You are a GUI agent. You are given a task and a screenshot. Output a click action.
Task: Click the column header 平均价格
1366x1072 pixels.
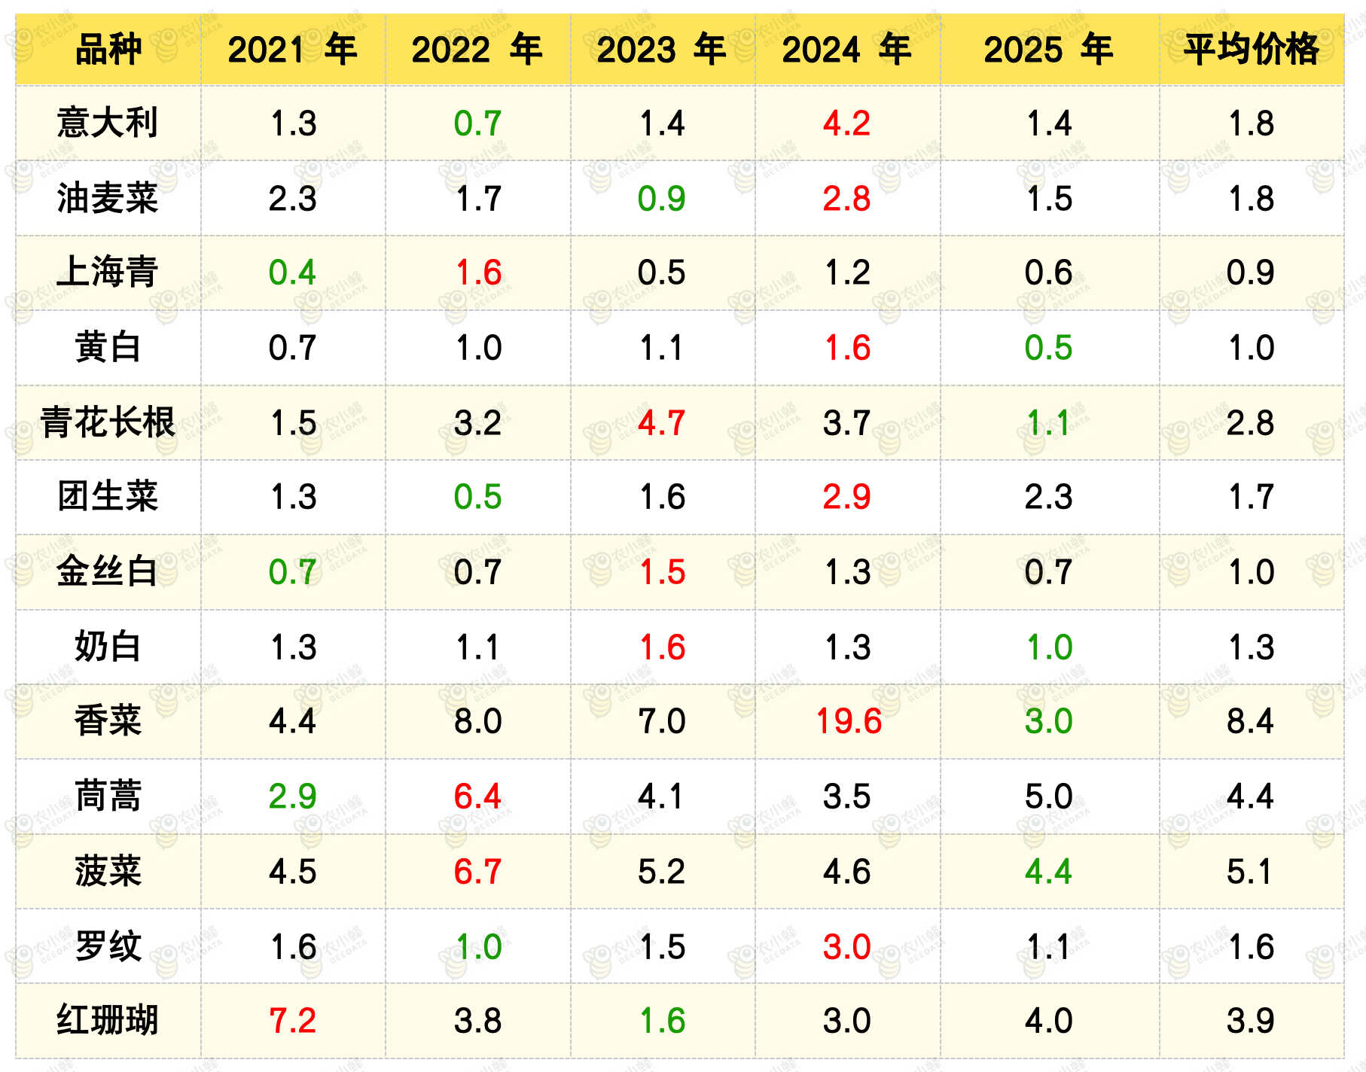(1251, 50)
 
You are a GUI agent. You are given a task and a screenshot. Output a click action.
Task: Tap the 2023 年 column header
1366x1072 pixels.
(661, 50)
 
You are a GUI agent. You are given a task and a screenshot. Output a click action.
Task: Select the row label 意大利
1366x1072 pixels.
(108, 123)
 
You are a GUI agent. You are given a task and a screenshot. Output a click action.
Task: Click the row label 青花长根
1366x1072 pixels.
(108, 422)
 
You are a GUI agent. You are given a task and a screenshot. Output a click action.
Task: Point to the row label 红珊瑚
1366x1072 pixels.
(108, 1021)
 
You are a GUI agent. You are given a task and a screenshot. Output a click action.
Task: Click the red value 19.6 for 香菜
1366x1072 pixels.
(849, 721)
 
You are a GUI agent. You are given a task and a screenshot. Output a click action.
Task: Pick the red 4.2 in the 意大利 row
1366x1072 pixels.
(846, 123)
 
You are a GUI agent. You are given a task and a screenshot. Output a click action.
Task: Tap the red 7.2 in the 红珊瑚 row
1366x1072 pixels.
(293, 1021)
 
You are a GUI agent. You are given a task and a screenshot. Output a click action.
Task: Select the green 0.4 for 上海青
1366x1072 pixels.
(293, 273)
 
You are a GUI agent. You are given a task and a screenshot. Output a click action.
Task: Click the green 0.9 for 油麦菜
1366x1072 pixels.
(661, 199)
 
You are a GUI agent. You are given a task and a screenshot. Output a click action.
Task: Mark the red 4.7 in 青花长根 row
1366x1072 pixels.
(661, 423)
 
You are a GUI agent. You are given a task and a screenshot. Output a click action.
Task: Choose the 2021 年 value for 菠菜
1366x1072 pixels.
(293, 872)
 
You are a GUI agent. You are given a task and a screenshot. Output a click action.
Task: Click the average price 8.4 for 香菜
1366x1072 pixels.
(1250, 721)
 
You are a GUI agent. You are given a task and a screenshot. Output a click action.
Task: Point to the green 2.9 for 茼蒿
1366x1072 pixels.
(293, 796)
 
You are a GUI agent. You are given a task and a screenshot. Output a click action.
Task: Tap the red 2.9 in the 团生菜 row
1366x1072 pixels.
(846, 497)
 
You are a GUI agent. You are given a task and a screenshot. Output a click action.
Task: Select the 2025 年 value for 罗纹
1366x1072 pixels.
(1048, 947)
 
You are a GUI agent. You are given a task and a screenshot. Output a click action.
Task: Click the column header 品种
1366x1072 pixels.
(108, 50)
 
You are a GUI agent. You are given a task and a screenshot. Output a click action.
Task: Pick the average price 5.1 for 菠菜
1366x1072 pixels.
(1250, 872)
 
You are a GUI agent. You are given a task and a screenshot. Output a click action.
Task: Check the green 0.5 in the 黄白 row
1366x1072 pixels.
(1048, 348)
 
